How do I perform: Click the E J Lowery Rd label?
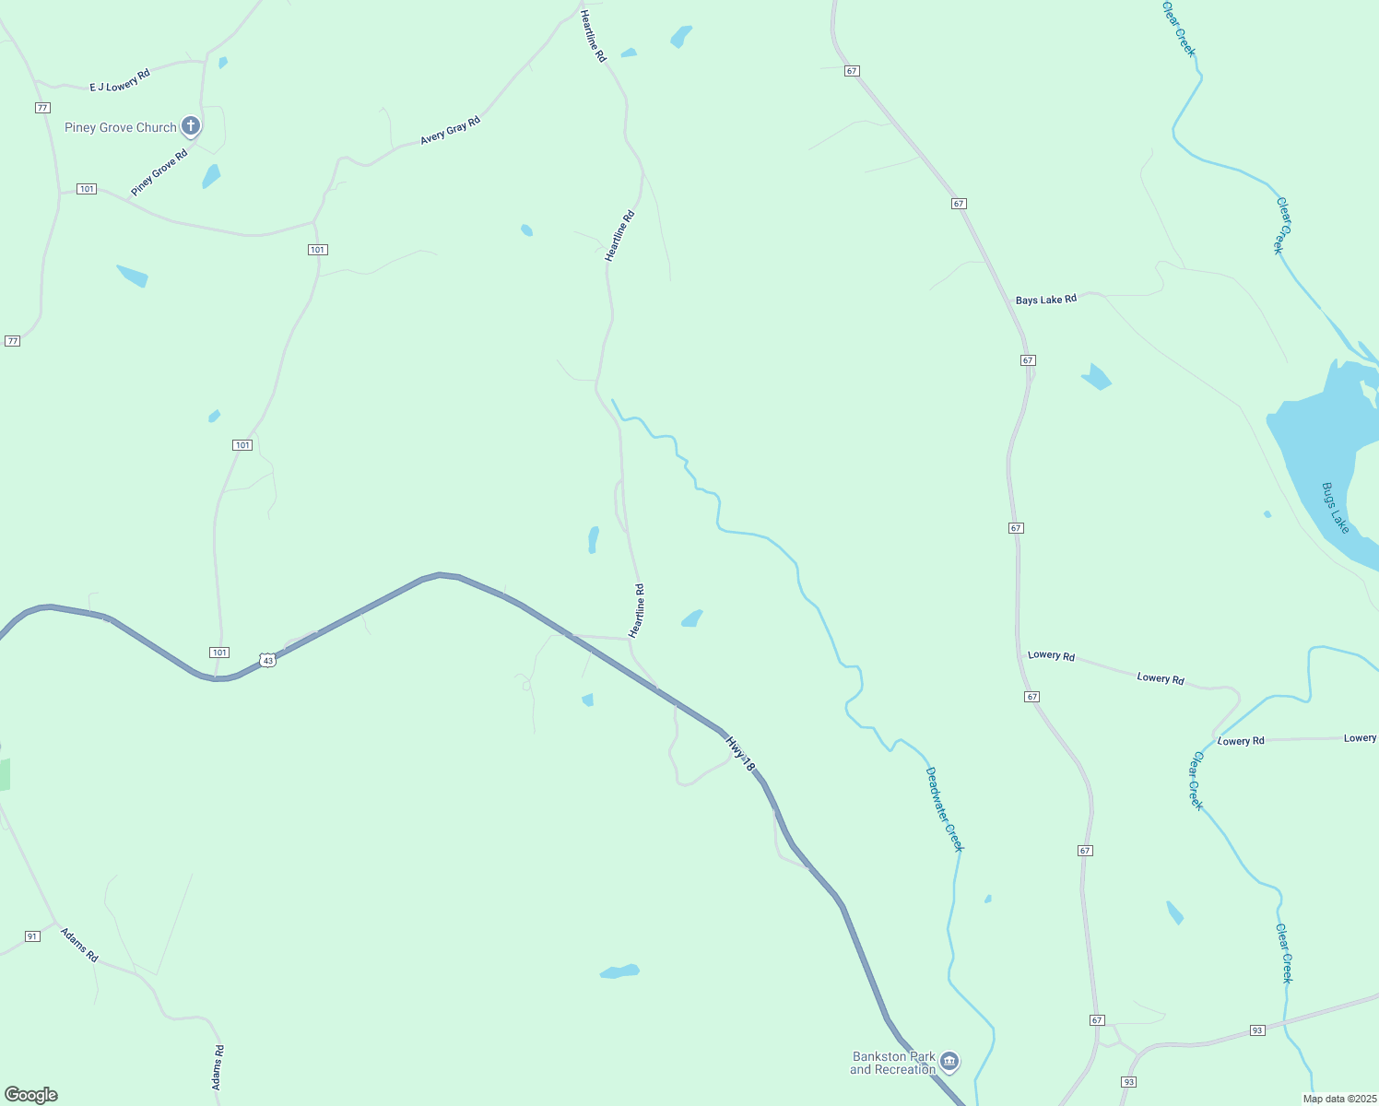120,81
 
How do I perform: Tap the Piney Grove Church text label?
120,128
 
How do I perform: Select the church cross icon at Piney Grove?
191,125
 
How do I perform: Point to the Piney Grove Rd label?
159,172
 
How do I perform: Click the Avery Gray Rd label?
450,130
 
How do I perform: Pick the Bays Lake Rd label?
1045,300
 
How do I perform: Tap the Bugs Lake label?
1335,508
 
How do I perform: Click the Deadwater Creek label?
944,809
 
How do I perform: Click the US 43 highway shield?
266,660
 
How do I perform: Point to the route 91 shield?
32,936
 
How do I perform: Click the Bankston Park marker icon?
950,1062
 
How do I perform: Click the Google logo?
31,1095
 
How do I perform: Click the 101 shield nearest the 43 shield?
218,653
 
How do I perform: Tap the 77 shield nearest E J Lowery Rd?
42,108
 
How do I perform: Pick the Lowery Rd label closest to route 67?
1051,655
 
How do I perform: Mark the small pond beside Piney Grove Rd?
212,176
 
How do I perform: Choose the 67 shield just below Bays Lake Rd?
1028,359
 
